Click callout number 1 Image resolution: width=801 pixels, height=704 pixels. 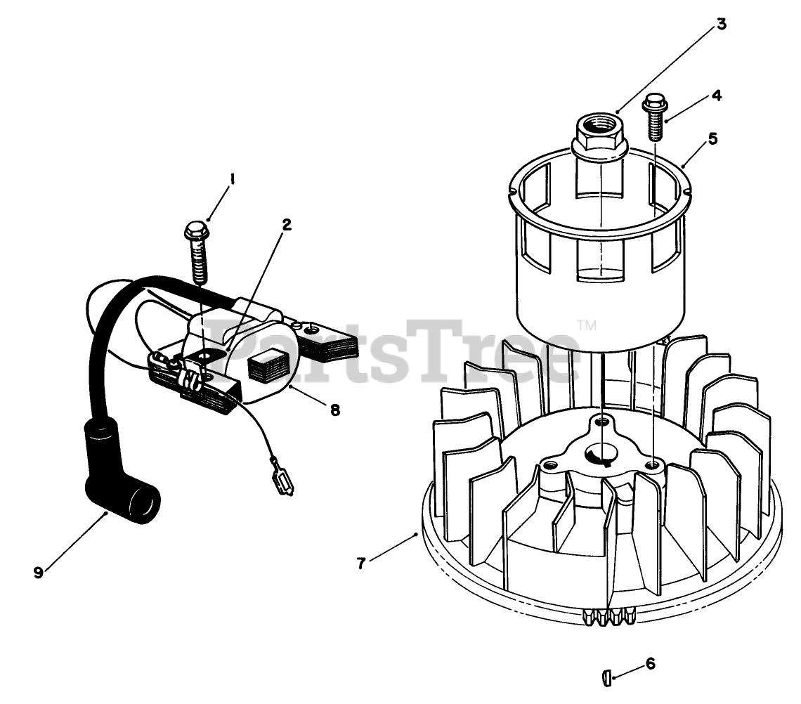click(233, 179)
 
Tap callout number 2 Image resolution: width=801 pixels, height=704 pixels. click(287, 224)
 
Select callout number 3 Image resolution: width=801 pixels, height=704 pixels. click(721, 24)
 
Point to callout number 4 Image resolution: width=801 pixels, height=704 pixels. click(717, 96)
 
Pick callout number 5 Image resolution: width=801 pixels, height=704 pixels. click(712, 138)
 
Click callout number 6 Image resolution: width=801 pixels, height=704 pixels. click(651, 664)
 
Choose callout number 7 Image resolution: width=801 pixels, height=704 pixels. click(361, 563)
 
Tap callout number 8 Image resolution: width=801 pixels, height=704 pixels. click(335, 410)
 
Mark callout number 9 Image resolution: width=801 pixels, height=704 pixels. click(39, 573)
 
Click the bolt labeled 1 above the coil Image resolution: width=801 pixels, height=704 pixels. click(197, 253)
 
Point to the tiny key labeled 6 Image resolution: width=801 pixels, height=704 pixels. click(606, 679)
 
